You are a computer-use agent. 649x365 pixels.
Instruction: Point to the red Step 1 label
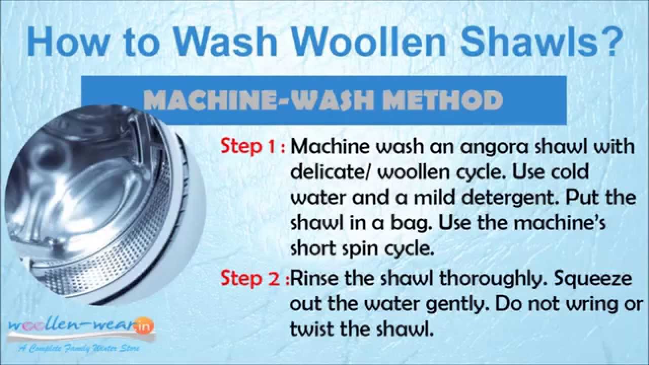[250, 147]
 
